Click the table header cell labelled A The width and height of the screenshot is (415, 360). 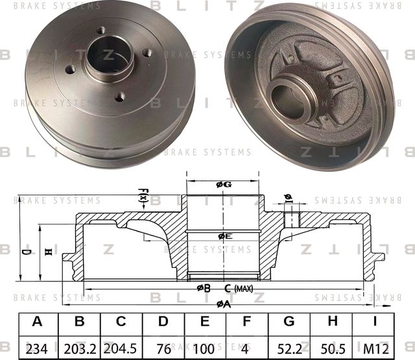pos(36,322)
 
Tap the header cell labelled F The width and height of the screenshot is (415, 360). pos(247,322)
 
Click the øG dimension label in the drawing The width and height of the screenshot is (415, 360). pos(224,186)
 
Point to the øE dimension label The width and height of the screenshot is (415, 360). pos(224,236)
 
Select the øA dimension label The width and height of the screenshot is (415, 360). pos(224,304)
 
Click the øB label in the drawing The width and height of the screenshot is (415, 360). pos(203,288)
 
